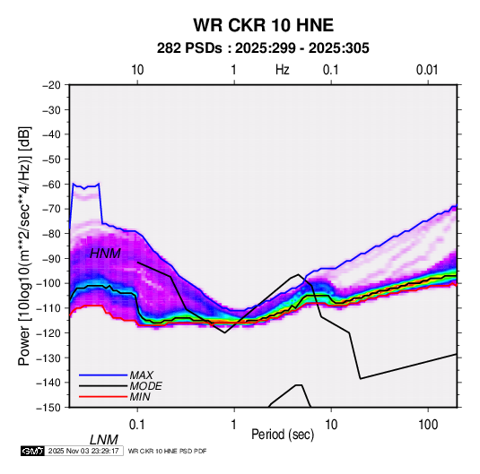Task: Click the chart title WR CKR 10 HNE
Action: (263, 25)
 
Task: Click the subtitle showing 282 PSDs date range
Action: (263, 48)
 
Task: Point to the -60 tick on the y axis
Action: (51, 184)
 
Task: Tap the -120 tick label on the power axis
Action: (48, 332)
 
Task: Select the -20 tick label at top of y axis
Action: (51, 85)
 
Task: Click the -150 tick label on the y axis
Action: (48, 408)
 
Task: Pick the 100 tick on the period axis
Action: (428, 425)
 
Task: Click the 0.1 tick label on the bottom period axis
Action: (137, 425)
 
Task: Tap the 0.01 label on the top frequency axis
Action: (427, 70)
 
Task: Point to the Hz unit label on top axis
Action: (283, 70)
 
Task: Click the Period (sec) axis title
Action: (283, 435)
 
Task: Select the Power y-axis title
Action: (24, 246)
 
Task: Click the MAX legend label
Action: (142, 375)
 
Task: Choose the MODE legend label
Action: (145, 386)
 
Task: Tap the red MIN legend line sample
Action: (103, 397)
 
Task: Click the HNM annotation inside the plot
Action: (105, 254)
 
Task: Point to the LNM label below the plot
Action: (104, 440)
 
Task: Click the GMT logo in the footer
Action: (33, 451)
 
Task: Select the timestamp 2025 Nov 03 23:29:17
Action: (83, 451)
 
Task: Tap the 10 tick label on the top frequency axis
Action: (137, 70)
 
